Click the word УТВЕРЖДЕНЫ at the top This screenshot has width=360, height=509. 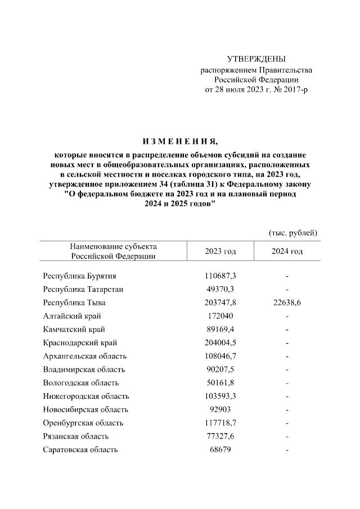click(256, 59)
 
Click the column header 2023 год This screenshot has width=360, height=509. click(221, 251)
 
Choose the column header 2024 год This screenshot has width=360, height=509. click(287, 251)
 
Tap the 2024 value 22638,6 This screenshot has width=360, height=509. click(287, 303)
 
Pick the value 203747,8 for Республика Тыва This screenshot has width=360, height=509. click(221, 303)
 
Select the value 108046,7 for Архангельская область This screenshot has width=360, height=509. click(221, 356)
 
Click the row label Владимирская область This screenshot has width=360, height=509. click(84, 370)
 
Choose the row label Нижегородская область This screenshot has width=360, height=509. click(85, 397)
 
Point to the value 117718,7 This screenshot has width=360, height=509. click(221, 423)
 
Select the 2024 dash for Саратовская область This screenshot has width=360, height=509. click(287, 450)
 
